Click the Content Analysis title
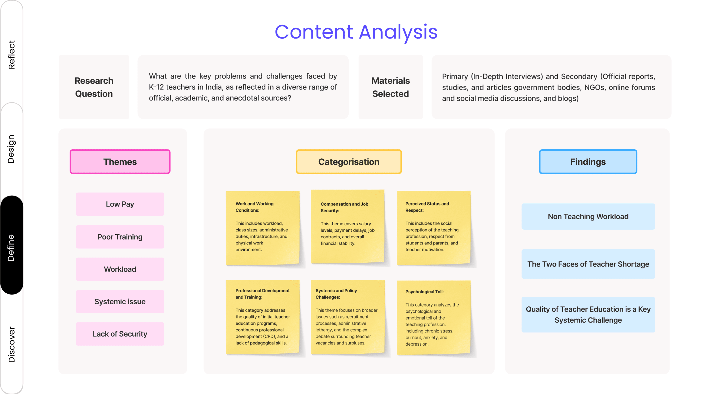tap(356, 32)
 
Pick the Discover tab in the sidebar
tap(11, 344)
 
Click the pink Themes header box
tap(120, 162)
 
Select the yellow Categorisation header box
tap(349, 162)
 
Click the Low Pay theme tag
tap(120, 204)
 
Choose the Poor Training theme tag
tap(120, 237)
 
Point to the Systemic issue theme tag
tap(120, 302)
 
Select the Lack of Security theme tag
tap(120, 334)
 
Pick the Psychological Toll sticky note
tap(433, 317)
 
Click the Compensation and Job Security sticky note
tap(347, 226)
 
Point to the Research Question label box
tap(94, 87)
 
